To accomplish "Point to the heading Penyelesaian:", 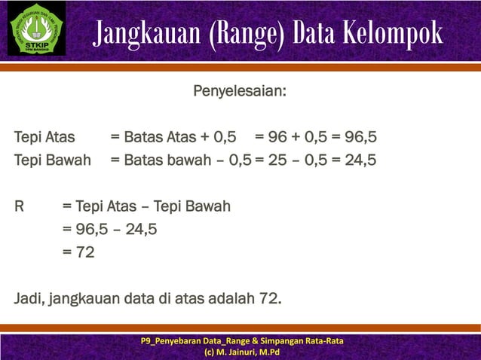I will (240, 93).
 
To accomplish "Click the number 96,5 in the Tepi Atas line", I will (360, 137).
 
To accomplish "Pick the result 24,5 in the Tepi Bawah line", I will (360, 160).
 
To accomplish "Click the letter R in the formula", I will (20, 206).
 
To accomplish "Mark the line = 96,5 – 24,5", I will (110, 230).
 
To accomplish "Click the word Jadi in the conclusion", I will (29, 299).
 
